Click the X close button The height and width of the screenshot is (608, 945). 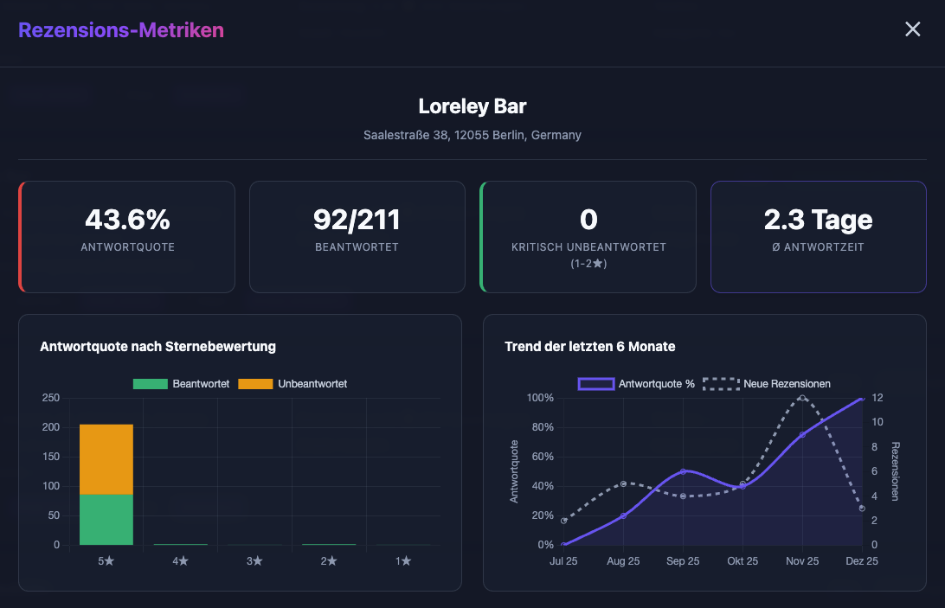pyautogui.click(x=912, y=29)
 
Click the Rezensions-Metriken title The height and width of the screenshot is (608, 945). pyautogui.click(x=121, y=30)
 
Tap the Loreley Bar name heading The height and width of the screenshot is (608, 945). pyautogui.click(x=472, y=106)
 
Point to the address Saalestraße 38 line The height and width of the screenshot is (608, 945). pyautogui.click(x=472, y=135)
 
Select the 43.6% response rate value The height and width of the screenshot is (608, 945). pyautogui.click(x=127, y=220)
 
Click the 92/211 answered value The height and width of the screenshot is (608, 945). pyautogui.click(x=357, y=220)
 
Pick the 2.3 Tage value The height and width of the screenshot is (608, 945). pyautogui.click(x=818, y=220)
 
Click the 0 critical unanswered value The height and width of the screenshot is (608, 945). pyautogui.click(x=588, y=220)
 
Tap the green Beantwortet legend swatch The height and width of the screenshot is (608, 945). pyautogui.click(x=150, y=384)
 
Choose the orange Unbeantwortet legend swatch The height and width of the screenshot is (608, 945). pyautogui.click(x=254, y=384)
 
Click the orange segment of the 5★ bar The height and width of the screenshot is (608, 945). pyautogui.click(x=106, y=458)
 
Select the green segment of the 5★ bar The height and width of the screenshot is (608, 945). pyautogui.click(x=106, y=519)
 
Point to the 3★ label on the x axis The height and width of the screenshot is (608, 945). pyautogui.click(x=254, y=561)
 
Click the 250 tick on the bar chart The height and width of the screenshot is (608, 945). pyautogui.click(x=51, y=398)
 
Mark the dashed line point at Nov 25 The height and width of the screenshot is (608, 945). pyautogui.click(x=802, y=398)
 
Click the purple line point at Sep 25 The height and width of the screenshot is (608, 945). pyautogui.click(x=683, y=471)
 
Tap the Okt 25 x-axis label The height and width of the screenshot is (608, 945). pyautogui.click(x=742, y=561)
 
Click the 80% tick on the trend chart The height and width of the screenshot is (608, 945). pyautogui.click(x=542, y=427)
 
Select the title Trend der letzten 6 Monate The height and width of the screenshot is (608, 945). pyautogui.click(x=589, y=347)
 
